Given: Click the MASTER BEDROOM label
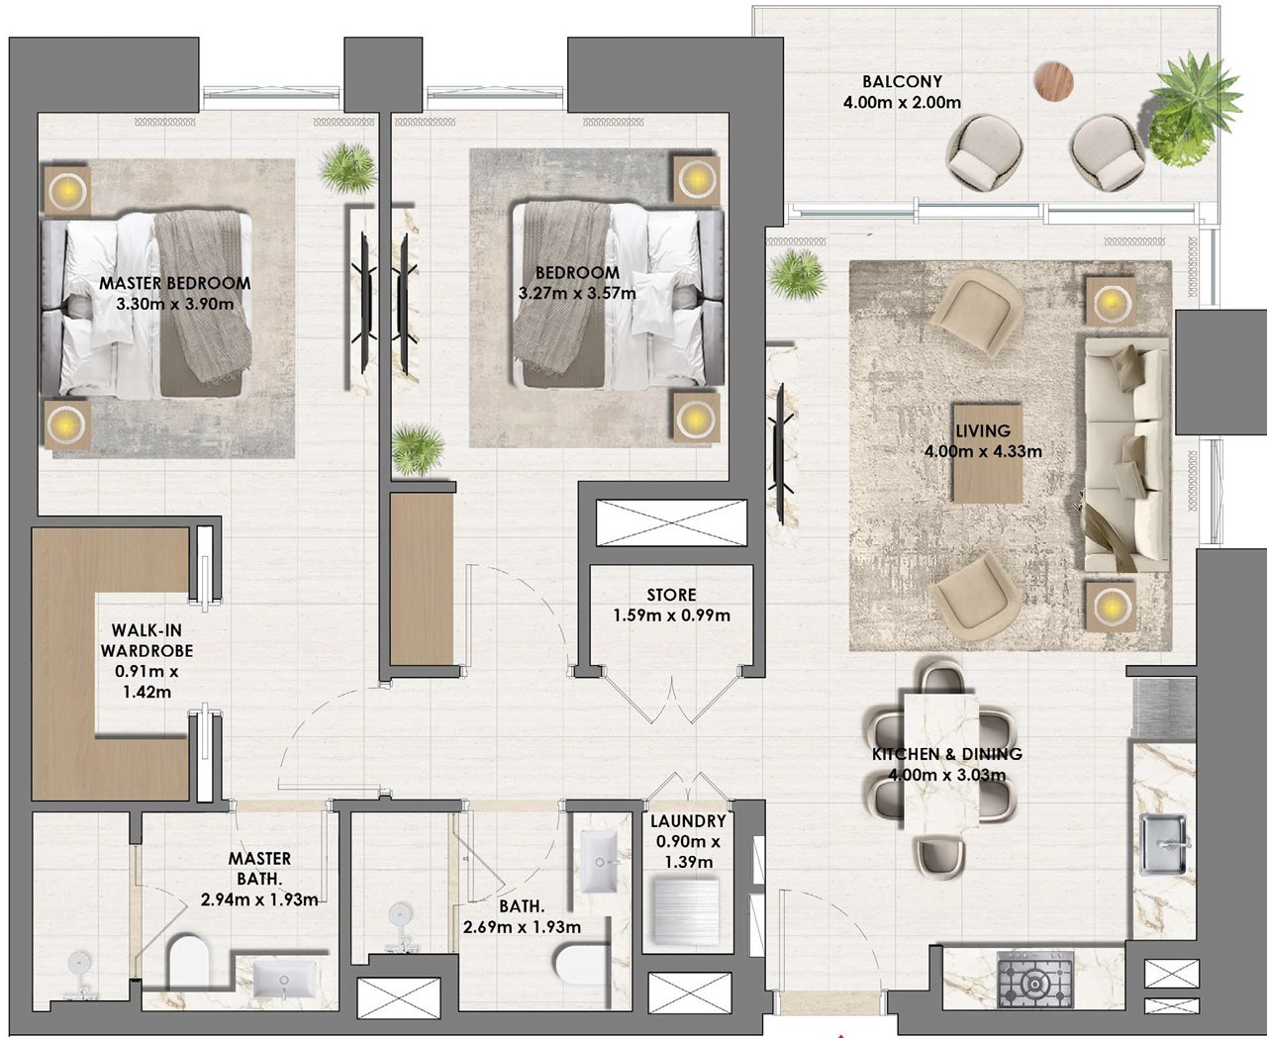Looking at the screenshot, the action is [175, 283].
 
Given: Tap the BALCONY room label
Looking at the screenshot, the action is [902, 81].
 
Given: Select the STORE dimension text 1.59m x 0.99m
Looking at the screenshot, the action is [672, 615].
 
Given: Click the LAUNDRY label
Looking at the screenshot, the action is [688, 820].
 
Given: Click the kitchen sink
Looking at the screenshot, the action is [1164, 844].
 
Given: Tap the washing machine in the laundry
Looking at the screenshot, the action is [685, 912].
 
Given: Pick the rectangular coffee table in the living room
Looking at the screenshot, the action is [988, 453].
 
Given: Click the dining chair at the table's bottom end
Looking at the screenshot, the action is [940, 856].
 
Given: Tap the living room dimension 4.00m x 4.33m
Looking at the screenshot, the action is [983, 452].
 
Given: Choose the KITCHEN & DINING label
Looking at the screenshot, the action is [947, 754].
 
